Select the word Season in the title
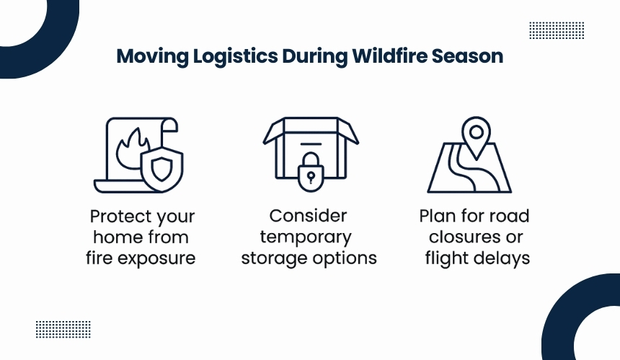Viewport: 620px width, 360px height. point(467,56)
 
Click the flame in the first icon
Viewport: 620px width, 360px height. point(130,149)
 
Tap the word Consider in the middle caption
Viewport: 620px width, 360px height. point(308,216)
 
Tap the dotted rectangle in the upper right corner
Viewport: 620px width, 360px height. point(557,30)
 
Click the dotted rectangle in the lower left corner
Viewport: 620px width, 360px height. point(63,330)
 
